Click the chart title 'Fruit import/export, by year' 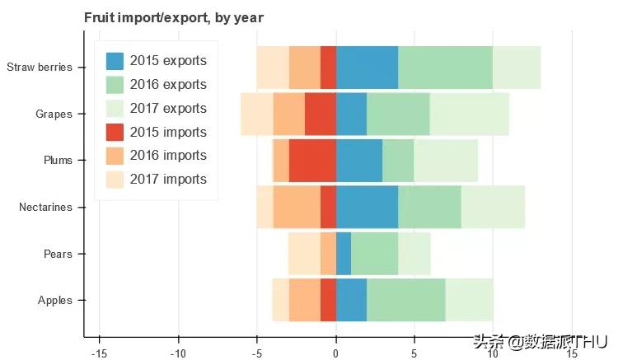pyautogui.click(x=174, y=17)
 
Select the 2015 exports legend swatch pyautogui.click(x=115, y=61)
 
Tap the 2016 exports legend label pyautogui.click(x=168, y=85)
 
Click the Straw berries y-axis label pyautogui.click(x=40, y=68)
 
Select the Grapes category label pyautogui.click(x=54, y=114)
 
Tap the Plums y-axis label pyautogui.click(x=58, y=161)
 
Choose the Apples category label pyautogui.click(x=55, y=301)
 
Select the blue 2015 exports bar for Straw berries pyautogui.click(x=367, y=68)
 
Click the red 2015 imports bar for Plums pyautogui.click(x=312, y=161)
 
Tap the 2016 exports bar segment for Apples pyautogui.click(x=406, y=301)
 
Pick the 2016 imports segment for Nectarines pyautogui.click(x=297, y=208)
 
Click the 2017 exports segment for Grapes pyautogui.click(x=470, y=114)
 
